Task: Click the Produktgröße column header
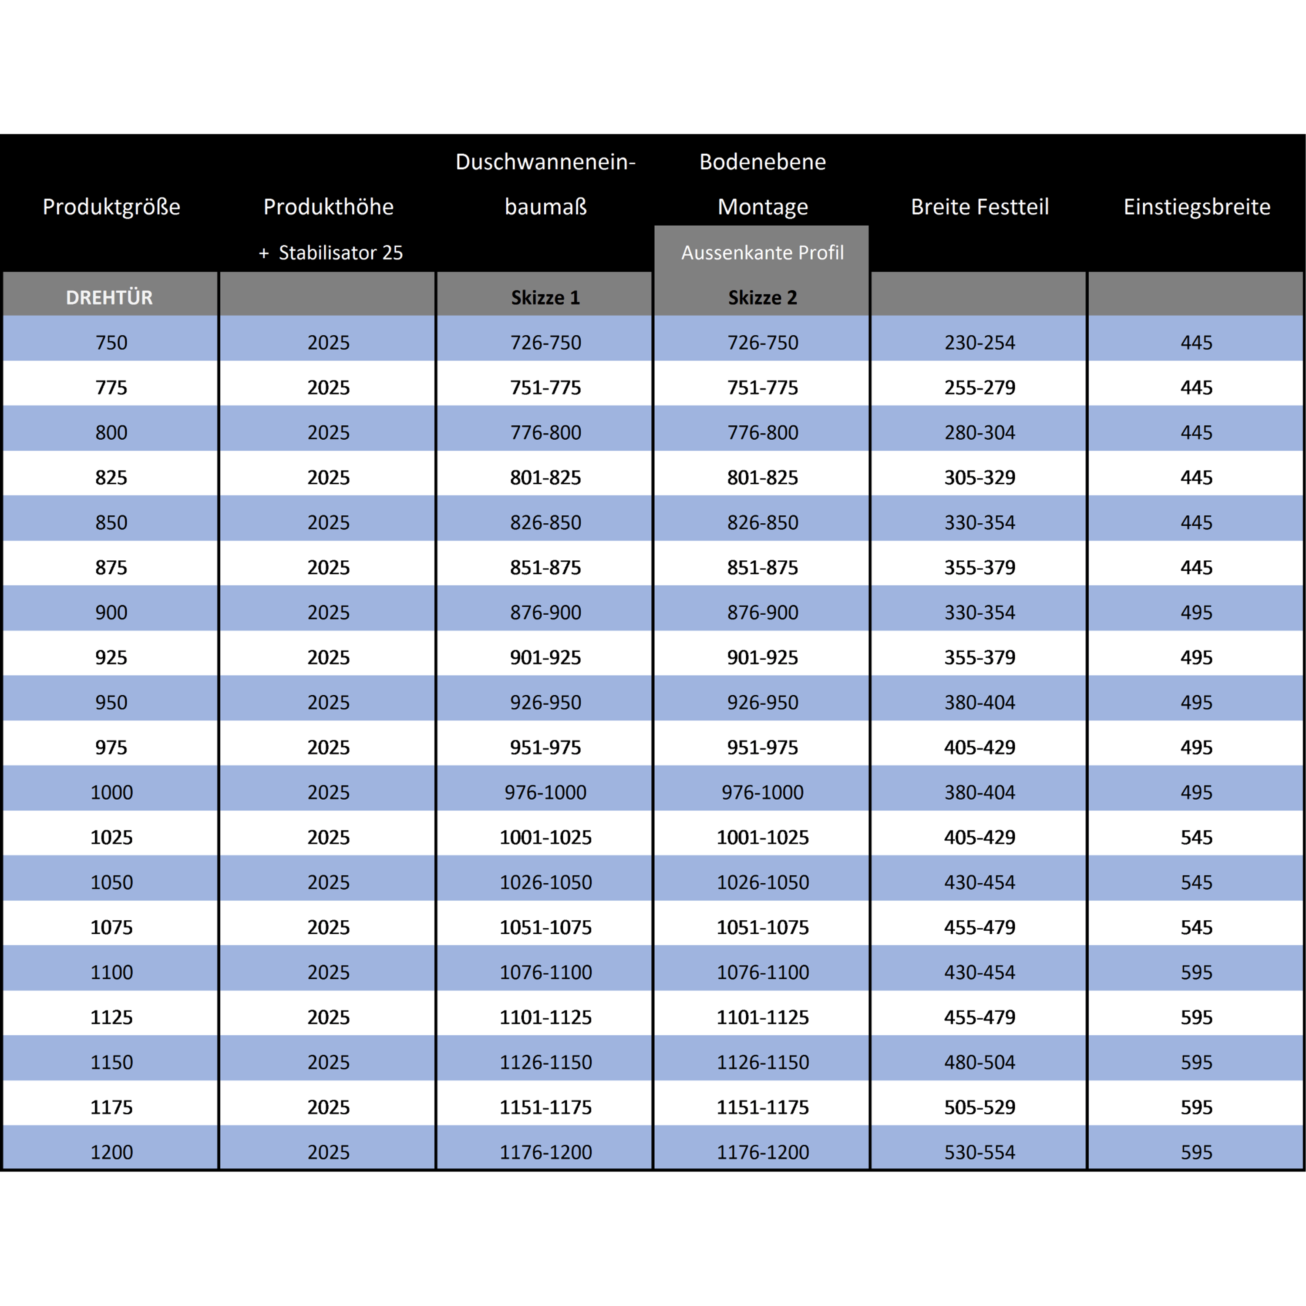pos(111,207)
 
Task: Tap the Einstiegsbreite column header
pos(1196,207)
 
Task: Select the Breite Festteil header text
pos(979,207)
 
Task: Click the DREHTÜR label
pos(110,297)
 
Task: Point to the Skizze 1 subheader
pos(545,297)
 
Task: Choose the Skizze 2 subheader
pos(763,297)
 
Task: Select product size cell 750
pos(111,343)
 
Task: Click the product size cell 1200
pos(111,1152)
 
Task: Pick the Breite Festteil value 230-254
pos(979,343)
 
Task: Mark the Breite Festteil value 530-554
pos(979,1152)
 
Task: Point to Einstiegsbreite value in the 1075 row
pos(1196,927)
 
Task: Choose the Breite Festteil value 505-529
pos(979,1107)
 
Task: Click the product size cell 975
pos(111,747)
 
